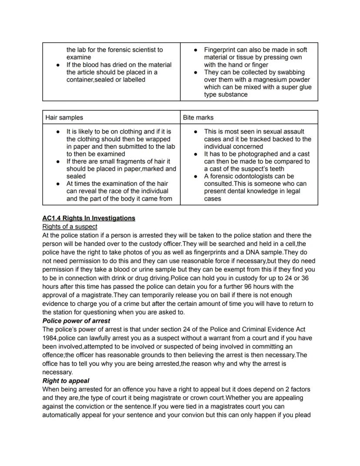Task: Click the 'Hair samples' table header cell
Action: pos(64,117)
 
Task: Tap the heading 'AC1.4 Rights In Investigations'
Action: pos(89,218)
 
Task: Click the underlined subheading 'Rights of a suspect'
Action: pos(70,227)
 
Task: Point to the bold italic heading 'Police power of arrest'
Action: pos(76,321)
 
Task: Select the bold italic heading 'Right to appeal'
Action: pos(66,381)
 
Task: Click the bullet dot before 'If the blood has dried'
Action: pos(58,65)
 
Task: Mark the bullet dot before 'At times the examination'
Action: pos(58,184)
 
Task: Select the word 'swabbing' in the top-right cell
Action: pos(291,72)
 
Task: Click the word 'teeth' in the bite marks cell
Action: pos(276,169)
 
